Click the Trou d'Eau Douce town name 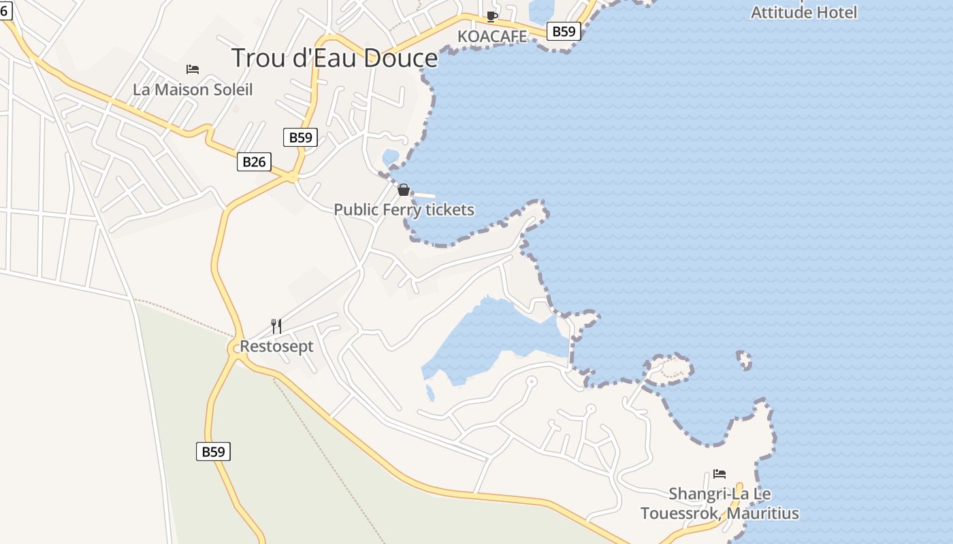point(334,58)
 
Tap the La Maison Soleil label point(193,90)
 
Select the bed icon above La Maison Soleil point(193,69)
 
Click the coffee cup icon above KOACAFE point(492,17)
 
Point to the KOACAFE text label point(492,37)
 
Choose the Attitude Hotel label point(803,12)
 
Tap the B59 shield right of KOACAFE point(564,31)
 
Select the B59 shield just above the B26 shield point(300,137)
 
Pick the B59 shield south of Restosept point(213,452)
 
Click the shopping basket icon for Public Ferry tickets point(404,190)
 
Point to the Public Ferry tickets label point(404,210)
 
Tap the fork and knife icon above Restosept point(276,326)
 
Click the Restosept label point(276,347)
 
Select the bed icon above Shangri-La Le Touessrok point(720,473)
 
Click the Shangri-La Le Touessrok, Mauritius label point(720,503)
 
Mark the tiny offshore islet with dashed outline point(744,360)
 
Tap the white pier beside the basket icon point(423,195)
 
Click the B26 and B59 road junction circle point(293,177)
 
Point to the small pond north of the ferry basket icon point(391,158)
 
